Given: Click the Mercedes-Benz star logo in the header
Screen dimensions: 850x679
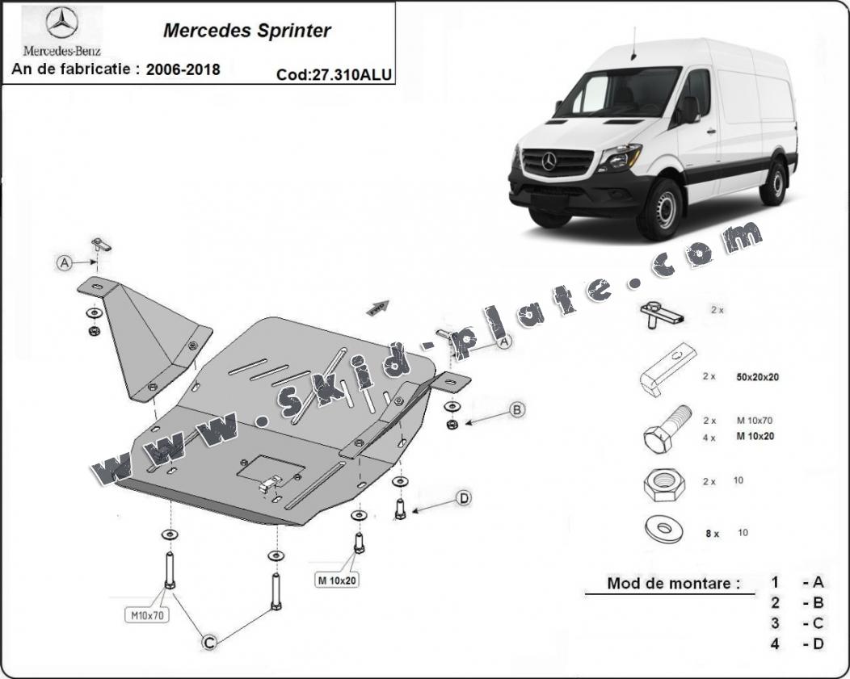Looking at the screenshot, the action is pos(61,23).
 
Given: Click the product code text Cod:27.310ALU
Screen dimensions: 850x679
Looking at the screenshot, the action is pos(334,75).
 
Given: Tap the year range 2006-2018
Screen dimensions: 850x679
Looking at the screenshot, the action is pos(183,70).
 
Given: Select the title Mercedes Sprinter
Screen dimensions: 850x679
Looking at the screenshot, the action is pos(246,31).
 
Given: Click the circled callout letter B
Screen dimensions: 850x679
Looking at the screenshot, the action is pos(516,410).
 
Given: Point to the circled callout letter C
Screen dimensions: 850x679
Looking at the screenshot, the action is pos(209,643).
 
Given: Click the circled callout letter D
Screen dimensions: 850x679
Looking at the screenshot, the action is pos(464,498).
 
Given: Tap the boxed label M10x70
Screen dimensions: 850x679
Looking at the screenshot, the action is pos(147,615).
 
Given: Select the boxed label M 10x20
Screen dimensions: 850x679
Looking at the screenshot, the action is pos(337,581).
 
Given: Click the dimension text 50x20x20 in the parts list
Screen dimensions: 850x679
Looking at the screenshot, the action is pos(757,377).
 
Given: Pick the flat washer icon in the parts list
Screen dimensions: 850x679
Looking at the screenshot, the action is pos(664,529).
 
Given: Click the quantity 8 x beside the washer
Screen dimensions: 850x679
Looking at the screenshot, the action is pos(713,534).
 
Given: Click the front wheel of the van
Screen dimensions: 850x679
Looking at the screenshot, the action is pos(661,209).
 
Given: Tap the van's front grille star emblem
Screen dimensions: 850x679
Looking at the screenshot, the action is pos(549,161).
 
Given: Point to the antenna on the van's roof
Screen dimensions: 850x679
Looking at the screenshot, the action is pos(632,43).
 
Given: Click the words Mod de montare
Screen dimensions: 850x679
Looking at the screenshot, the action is pos(673,583).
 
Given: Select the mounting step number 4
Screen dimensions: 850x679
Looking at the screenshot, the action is pos(775,643).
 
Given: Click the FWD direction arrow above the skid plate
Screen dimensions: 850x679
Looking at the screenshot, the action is pos(378,308).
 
